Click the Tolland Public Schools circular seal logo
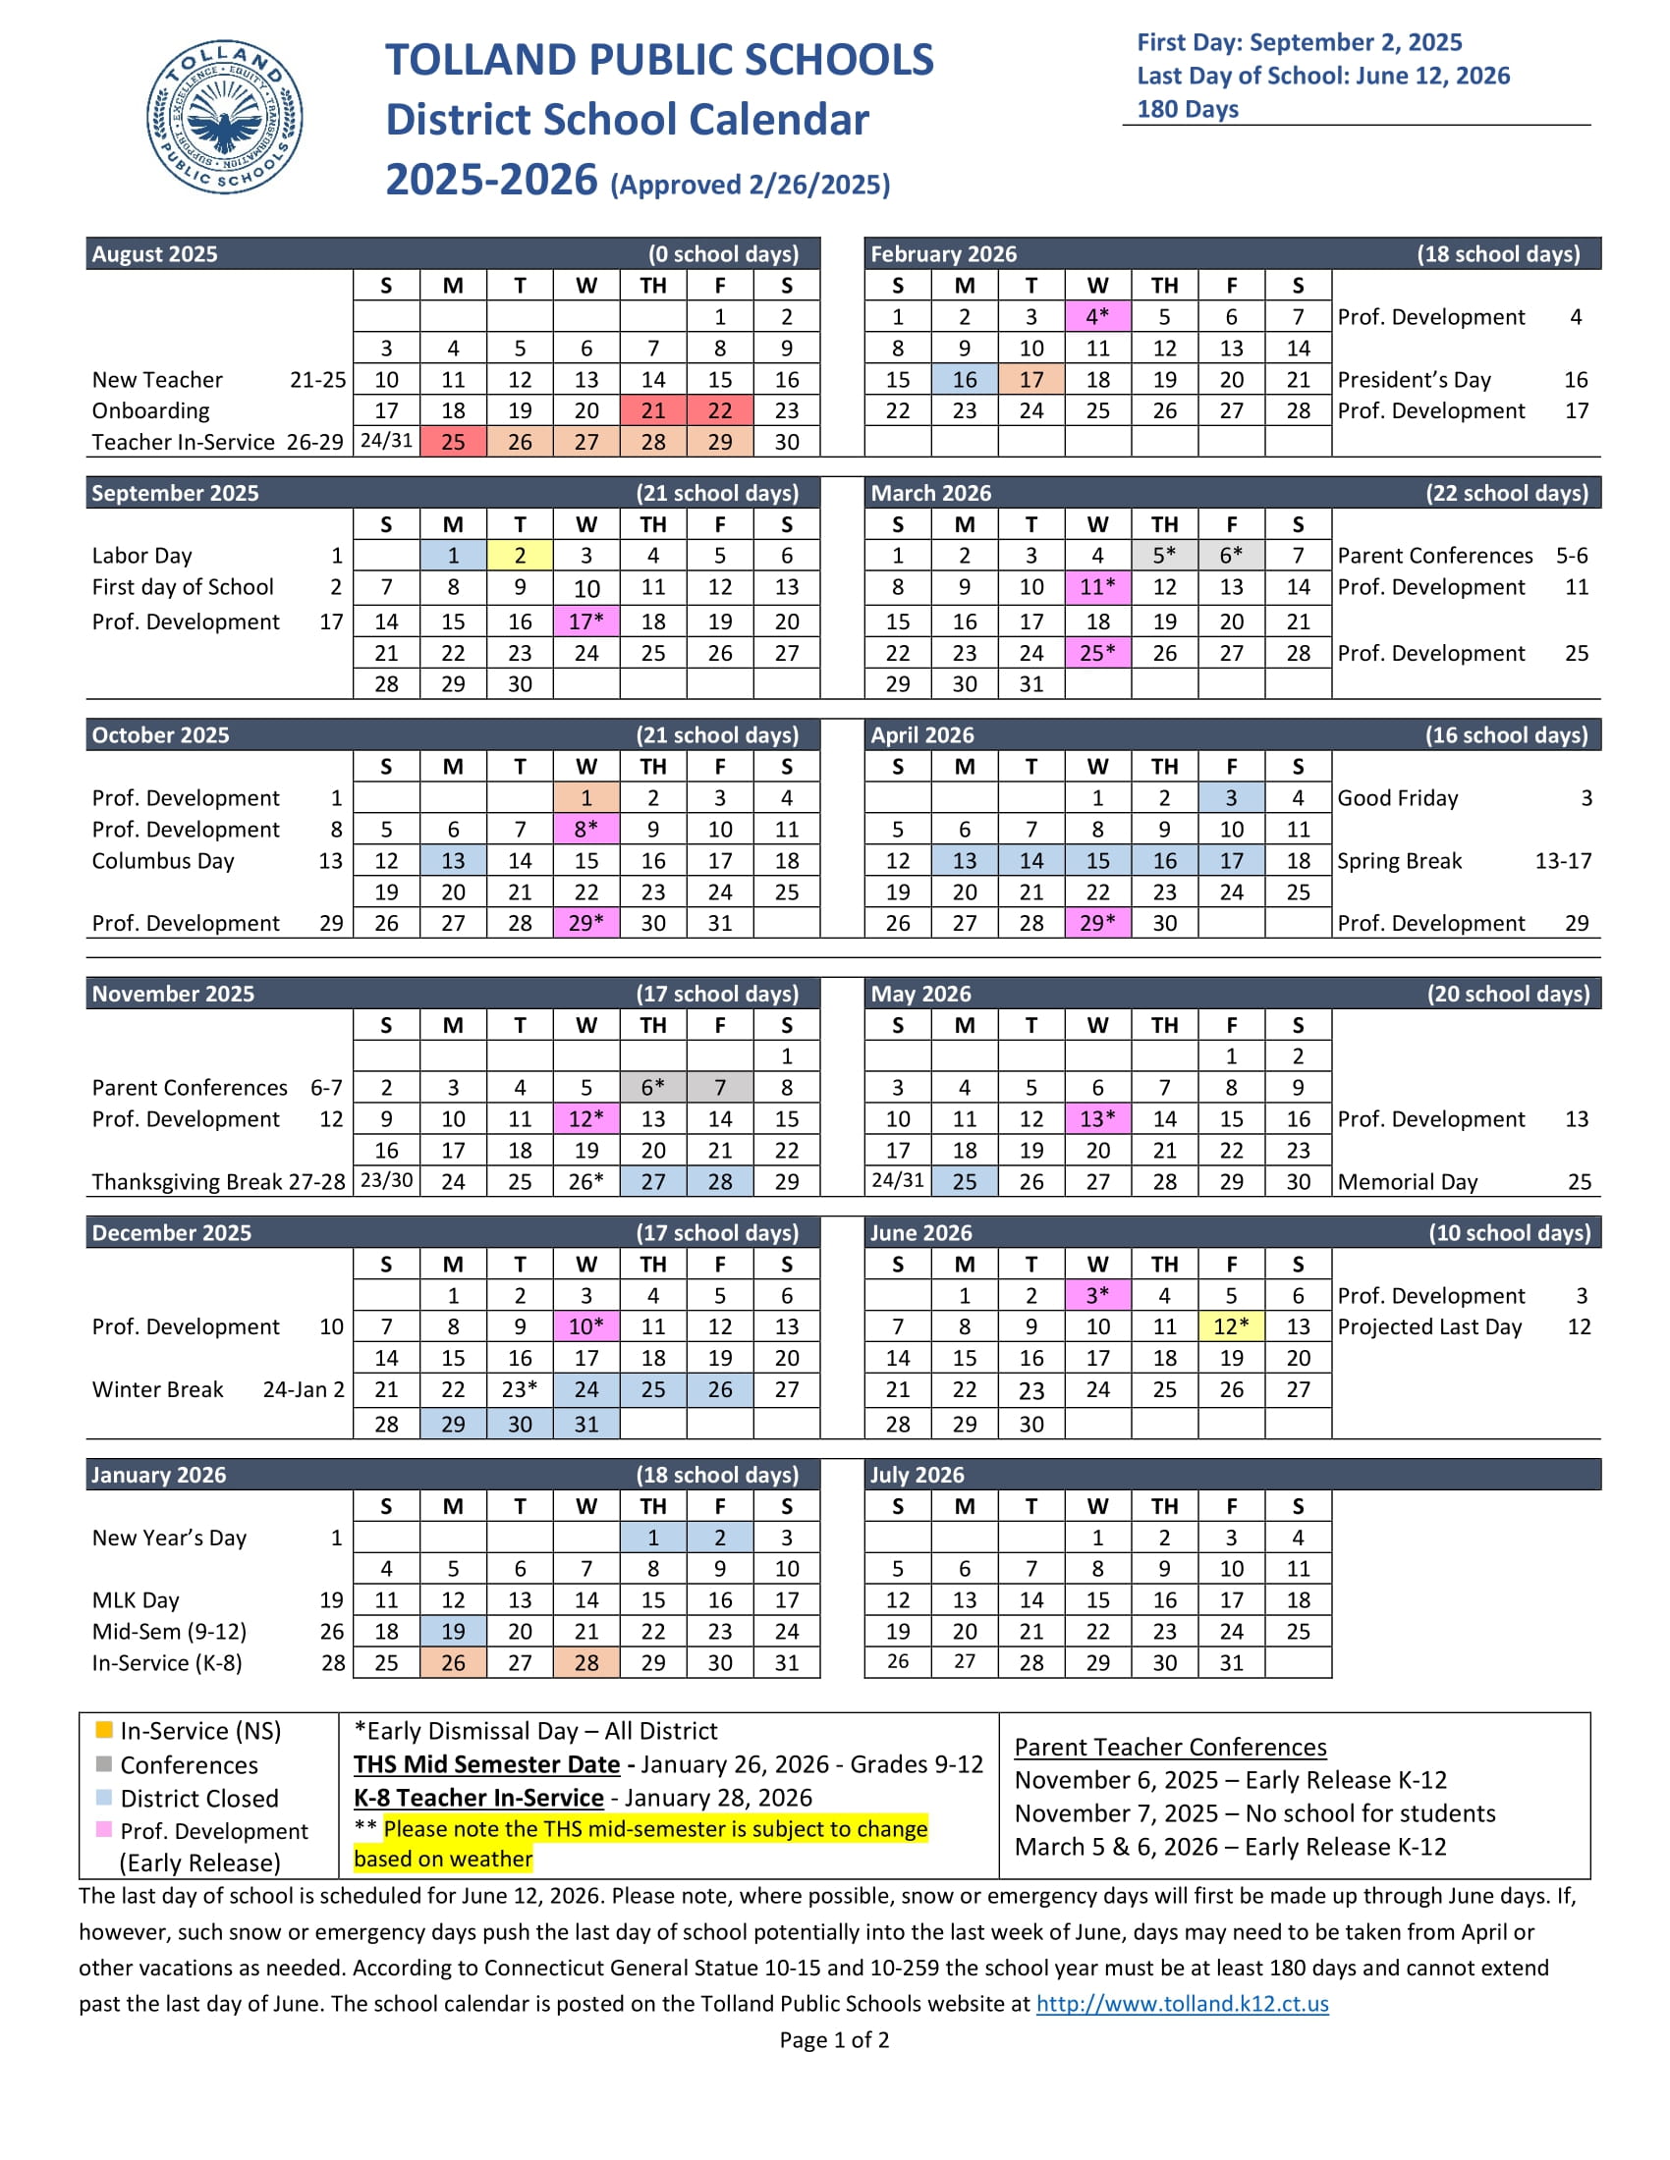225,117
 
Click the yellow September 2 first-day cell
520,556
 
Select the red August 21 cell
653,410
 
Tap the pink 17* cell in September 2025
586,621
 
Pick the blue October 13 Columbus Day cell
453,860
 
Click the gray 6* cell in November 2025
653,1087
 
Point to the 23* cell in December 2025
520,1389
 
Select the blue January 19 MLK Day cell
453,1631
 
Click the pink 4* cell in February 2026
1097,316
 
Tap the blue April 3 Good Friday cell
1231,798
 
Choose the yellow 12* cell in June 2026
1231,1326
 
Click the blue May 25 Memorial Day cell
965,1181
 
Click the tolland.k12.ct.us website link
1182,2003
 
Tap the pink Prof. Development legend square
104,1830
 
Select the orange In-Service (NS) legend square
104,1730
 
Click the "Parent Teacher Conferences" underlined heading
1170,1747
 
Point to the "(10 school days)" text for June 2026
1509,1232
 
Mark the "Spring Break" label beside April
1399,860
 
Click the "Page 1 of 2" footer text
834,2039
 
